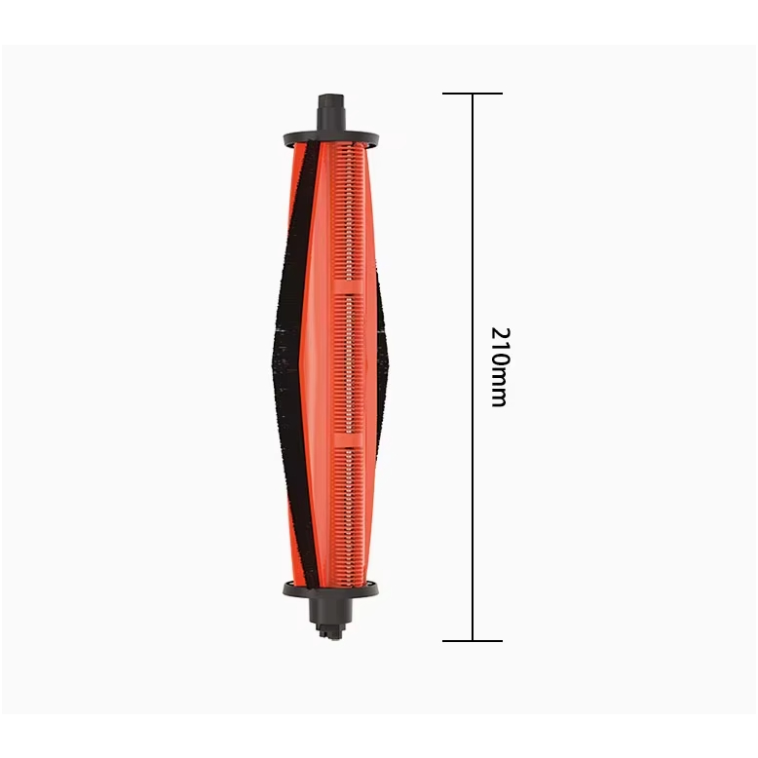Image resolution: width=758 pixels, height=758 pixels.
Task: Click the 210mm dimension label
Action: (x=501, y=367)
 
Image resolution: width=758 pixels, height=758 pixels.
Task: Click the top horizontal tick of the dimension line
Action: (x=473, y=94)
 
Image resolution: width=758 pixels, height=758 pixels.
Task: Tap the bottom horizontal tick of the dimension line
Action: (x=473, y=641)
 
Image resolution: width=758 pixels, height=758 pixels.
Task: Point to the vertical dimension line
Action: (x=473, y=367)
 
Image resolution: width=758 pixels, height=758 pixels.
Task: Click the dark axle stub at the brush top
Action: (x=332, y=112)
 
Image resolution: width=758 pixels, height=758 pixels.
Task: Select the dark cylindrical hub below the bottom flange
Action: (x=329, y=611)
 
